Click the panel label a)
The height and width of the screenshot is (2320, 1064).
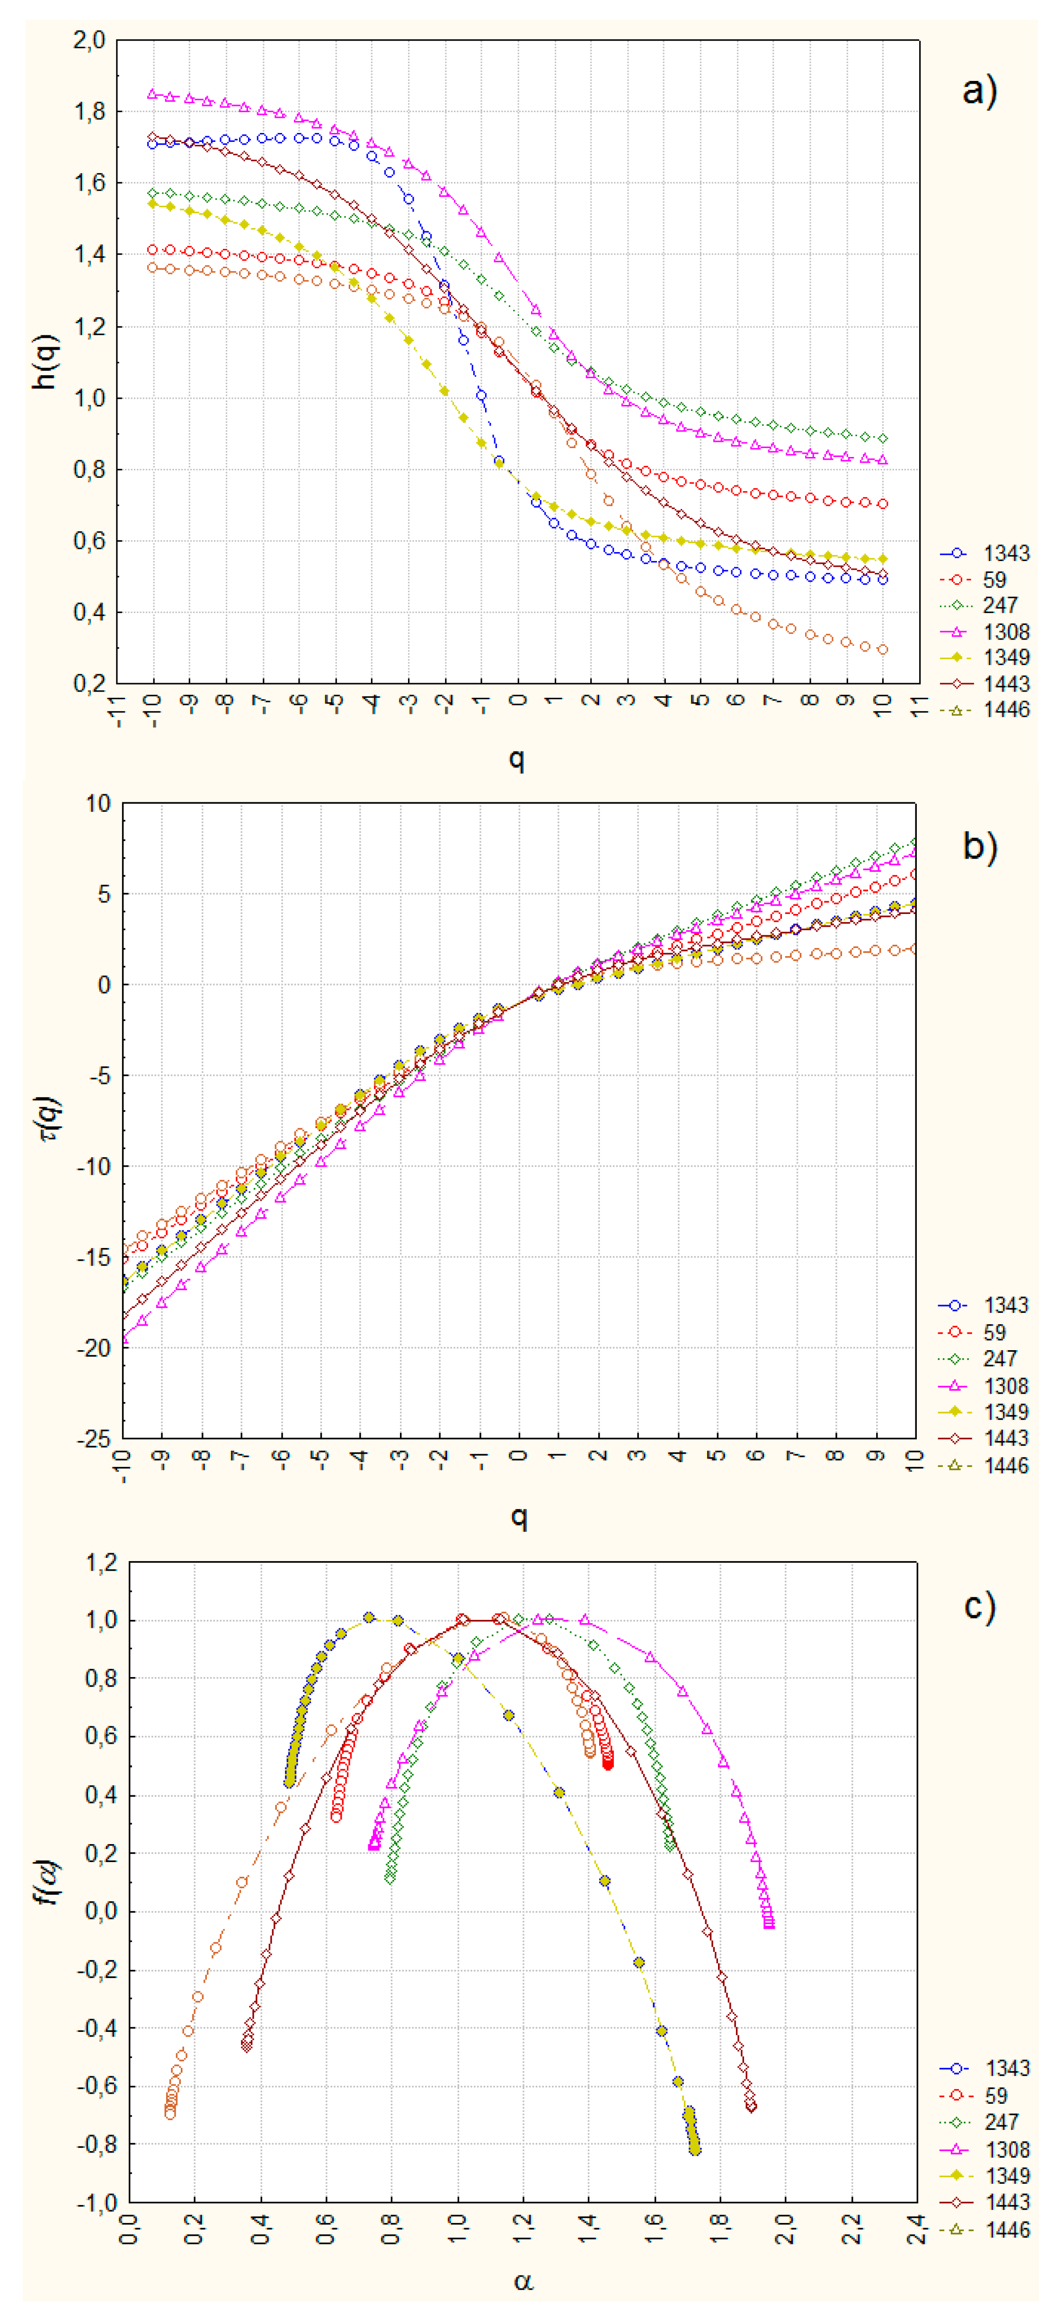coord(979,91)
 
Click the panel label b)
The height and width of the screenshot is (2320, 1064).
coord(979,847)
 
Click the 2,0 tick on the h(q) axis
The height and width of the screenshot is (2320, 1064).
coord(89,41)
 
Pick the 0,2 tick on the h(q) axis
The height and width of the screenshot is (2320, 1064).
coord(89,684)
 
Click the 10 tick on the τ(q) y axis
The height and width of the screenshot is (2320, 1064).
coord(98,803)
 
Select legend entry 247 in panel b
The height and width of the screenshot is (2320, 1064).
coord(1000,1358)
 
